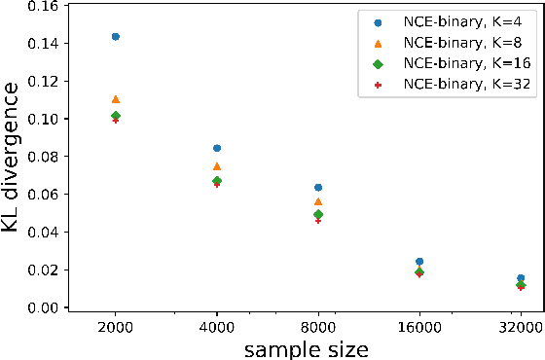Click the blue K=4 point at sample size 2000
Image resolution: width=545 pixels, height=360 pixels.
click(116, 37)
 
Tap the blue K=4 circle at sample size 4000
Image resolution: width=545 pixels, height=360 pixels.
click(217, 148)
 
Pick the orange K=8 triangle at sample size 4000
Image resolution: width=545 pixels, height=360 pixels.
click(217, 166)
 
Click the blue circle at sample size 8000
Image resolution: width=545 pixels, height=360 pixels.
click(318, 187)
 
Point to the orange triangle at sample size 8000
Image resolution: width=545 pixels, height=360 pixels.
click(318, 201)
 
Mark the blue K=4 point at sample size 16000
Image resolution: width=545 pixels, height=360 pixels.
click(419, 261)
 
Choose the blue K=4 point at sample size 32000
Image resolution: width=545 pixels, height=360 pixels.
click(521, 278)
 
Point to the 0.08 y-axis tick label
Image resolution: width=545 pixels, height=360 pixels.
click(40, 157)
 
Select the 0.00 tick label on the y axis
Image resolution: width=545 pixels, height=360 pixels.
click(40, 307)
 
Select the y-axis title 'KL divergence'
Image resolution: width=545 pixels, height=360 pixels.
click(12, 157)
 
